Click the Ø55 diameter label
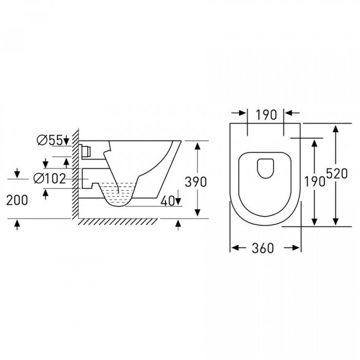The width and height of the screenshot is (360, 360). pyautogui.click(x=49, y=140)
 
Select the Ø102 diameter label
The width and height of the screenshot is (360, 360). pyautogui.click(x=49, y=178)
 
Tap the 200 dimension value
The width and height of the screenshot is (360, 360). pyautogui.click(x=17, y=200)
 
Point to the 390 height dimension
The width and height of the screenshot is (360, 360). pyautogui.click(x=195, y=182)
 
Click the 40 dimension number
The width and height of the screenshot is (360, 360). pyautogui.click(x=168, y=201)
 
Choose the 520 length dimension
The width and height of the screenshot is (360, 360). pyautogui.click(x=337, y=174)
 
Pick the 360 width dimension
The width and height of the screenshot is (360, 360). pyautogui.click(x=263, y=248)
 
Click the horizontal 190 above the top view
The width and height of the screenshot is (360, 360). pyautogui.click(x=266, y=115)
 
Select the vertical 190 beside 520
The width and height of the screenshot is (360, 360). pyautogui.click(x=315, y=182)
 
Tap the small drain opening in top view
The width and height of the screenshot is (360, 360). pyautogui.click(x=266, y=168)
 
